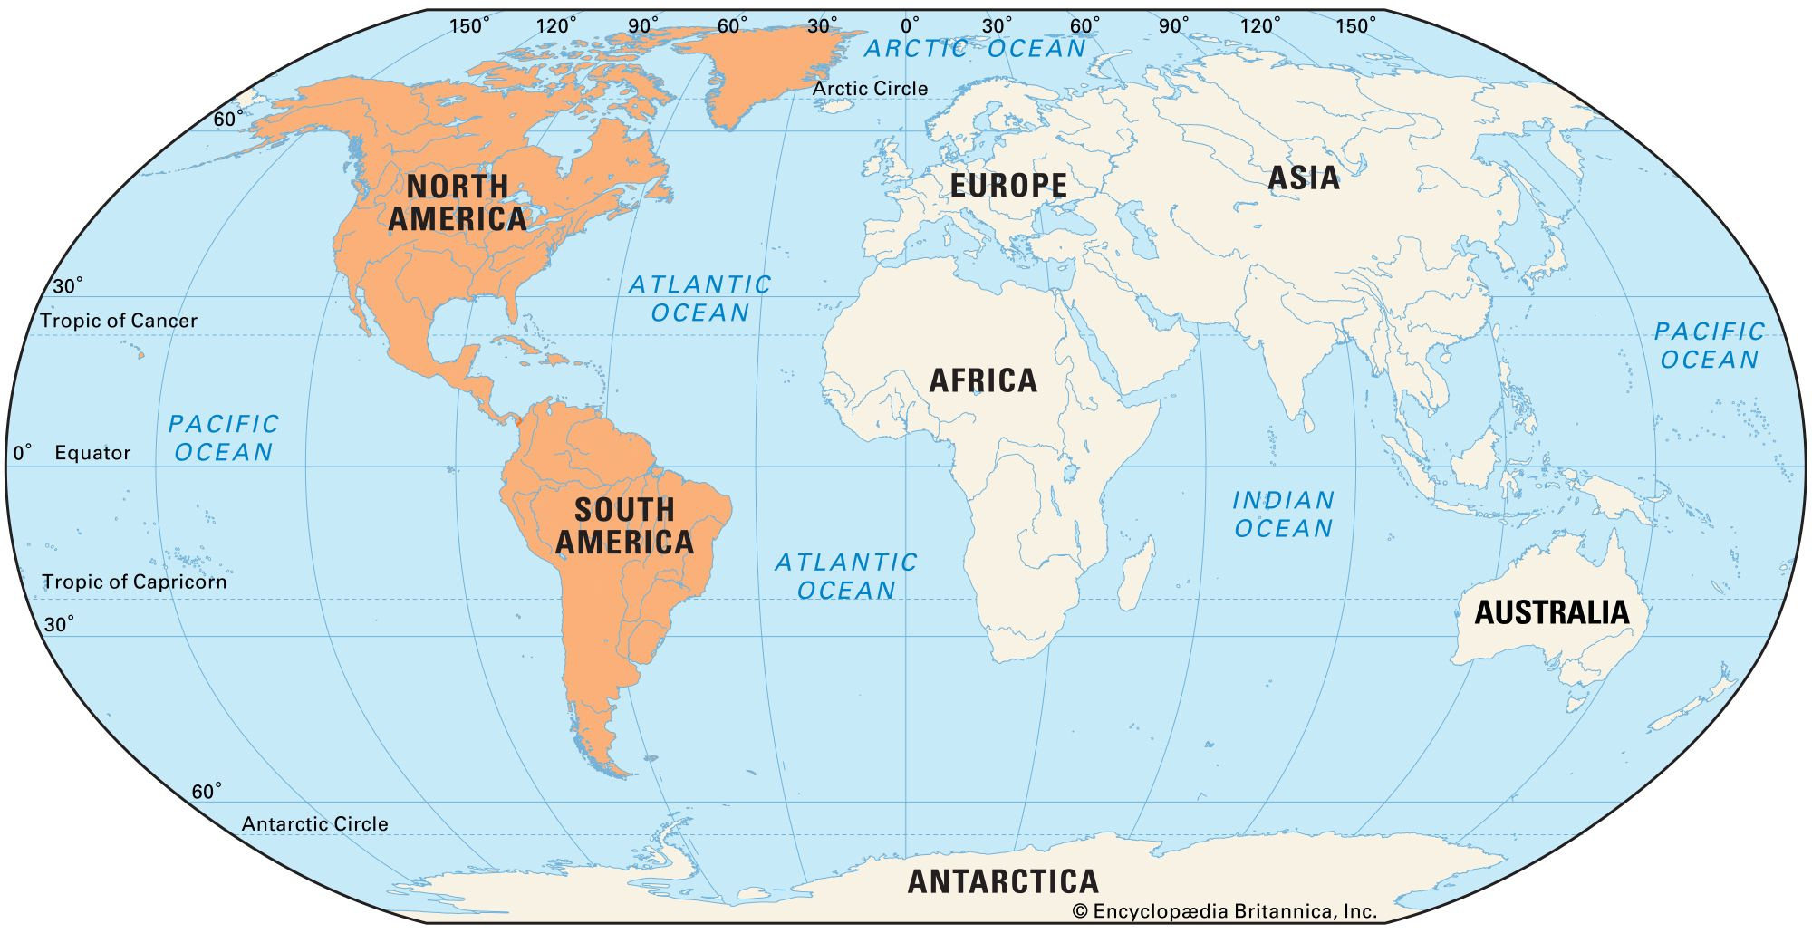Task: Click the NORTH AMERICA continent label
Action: pyautogui.click(x=458, y=203)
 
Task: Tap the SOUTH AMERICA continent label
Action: pyautogui.click(x=624, y=526)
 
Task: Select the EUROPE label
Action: pyautogui.click(x=1008, y=186)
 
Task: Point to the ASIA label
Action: pyautogui.click(x=1304, y=178)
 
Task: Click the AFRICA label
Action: pyautogui.click(x=983, y=380)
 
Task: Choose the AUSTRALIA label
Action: pyautogui.click(x=1552, y=613)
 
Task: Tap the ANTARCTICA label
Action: pyautogui.click(x=1003, y=881)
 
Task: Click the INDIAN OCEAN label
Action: pyautogui.click(x=1283, y=514)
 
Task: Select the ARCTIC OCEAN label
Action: pyautogui.click(x=975, y=49)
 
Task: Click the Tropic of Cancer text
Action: pyautogui.click(x=119, y=321)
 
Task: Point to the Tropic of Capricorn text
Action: pyautogui.click(x=134, y=582)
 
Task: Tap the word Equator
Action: pyautogui.click(x=92, y=453)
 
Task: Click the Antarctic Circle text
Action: pyautogui.click(x=314, y=824)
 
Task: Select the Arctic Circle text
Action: pyautogui.click(x=870, y=89)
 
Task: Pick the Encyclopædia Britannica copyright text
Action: pyautogui.click(x=1224, y=911)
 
